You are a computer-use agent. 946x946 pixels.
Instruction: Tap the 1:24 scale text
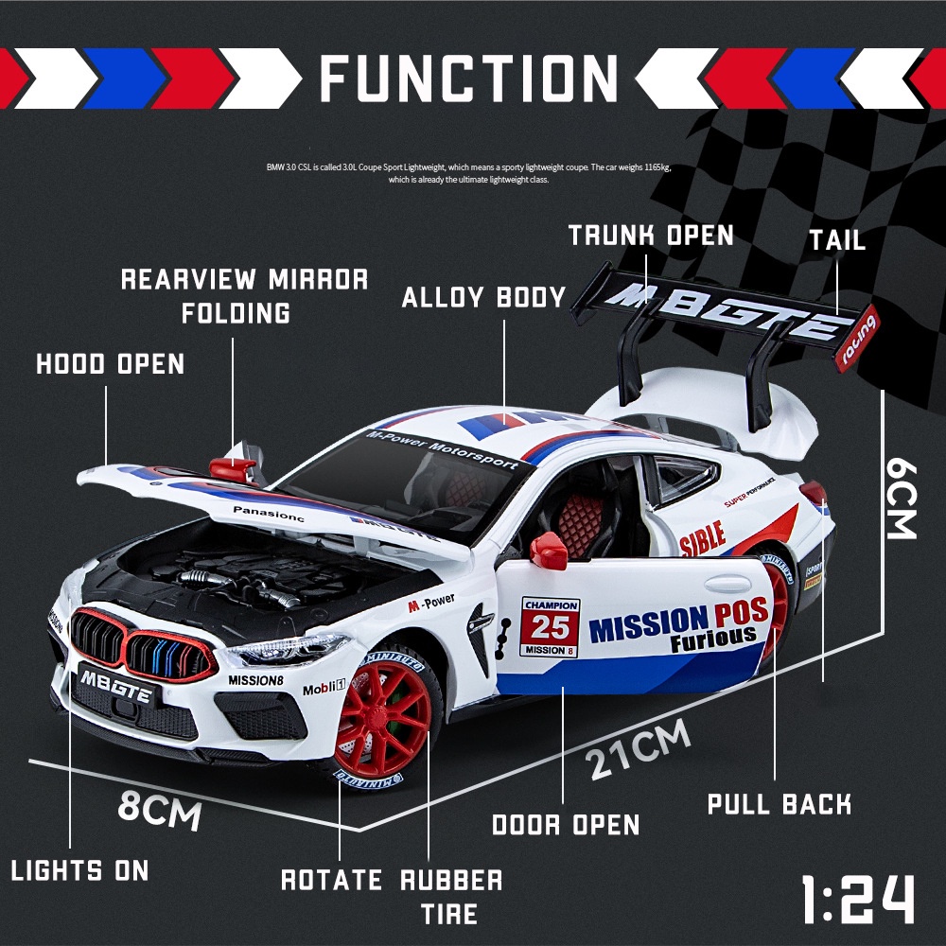tap(857, 898)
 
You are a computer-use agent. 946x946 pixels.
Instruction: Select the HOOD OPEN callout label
tap(111, 363)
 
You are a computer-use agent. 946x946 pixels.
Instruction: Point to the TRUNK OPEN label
tap(651, 235)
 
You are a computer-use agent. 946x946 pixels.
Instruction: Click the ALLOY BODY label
tap(483, 297)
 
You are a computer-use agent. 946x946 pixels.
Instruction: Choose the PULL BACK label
tap(780, 804)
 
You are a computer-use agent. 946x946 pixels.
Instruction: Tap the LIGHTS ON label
tap(79, 870)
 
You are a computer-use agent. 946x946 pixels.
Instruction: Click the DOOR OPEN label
tap(566, 824)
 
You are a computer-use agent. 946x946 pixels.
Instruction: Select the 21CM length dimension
tap(637, 750)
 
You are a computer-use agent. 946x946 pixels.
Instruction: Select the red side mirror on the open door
tap(548, 551)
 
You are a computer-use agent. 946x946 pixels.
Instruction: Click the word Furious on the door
tap(713, 640)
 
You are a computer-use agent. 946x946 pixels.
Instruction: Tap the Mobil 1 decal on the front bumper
tap(324, 688)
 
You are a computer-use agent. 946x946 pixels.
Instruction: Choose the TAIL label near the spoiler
tap(836, 239)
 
